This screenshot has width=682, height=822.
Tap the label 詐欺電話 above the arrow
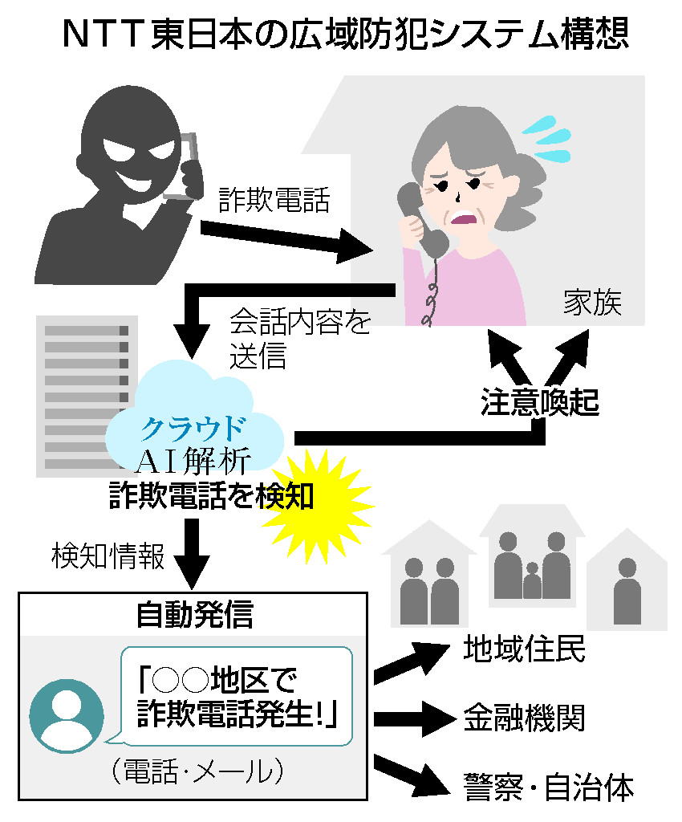pos(274,200)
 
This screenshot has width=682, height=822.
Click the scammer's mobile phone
pos(182,165)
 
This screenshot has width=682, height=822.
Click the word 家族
pos(592,304)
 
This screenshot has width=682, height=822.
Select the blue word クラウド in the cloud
pos(193,429)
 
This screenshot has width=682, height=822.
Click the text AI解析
pos(195,461)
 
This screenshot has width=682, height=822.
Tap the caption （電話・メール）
pos(197,772)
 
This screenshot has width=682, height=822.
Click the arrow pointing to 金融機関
pos(411,714)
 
